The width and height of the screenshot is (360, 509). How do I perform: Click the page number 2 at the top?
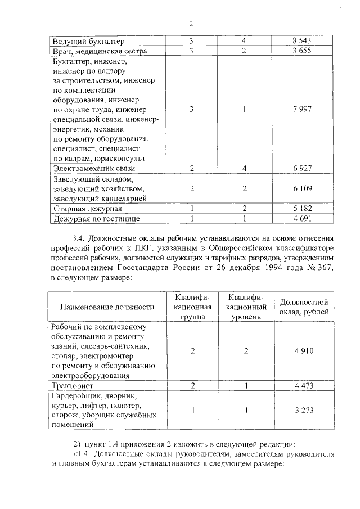[191, 24]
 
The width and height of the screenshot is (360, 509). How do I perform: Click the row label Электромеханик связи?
[93, 168]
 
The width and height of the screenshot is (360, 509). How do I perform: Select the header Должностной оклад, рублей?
[304, 307]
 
